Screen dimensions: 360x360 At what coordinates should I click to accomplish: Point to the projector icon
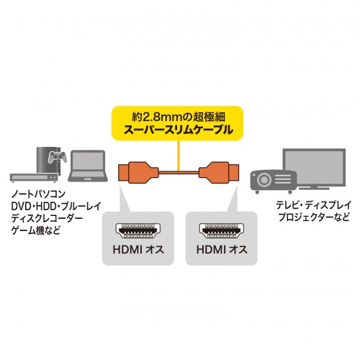270,176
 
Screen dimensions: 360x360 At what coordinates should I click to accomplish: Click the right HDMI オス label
217,251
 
